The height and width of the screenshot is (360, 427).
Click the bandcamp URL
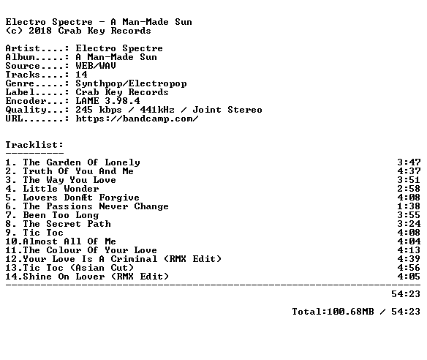click(137, 119)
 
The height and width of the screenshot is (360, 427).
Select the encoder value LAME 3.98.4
click(107, 101)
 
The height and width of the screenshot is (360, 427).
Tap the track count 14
click(81, 75)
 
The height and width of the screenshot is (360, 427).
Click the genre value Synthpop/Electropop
click(132, 83)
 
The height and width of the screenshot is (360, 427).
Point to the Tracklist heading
click(34, 145)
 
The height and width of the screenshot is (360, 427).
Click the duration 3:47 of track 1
click(409, 162)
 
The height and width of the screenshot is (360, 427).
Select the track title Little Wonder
click(61, 189)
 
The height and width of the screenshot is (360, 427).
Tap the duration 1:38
click(409, 206)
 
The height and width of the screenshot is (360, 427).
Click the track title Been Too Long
click(61, 215)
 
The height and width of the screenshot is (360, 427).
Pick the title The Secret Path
click(67, 224)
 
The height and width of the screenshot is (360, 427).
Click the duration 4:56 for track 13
click(409, 268)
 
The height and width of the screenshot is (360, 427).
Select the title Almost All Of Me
click(69, 241)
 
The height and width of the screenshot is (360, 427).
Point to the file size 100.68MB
click(350, 312)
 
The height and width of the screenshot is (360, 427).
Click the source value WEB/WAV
click(96, 66)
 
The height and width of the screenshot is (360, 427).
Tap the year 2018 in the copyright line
click(40, 31)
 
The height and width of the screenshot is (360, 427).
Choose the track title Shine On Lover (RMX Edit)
click(96, 277)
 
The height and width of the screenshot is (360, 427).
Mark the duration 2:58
click(409, 189)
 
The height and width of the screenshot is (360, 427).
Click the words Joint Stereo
click(227, 110)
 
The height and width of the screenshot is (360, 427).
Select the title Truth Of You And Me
click(78, 171)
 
